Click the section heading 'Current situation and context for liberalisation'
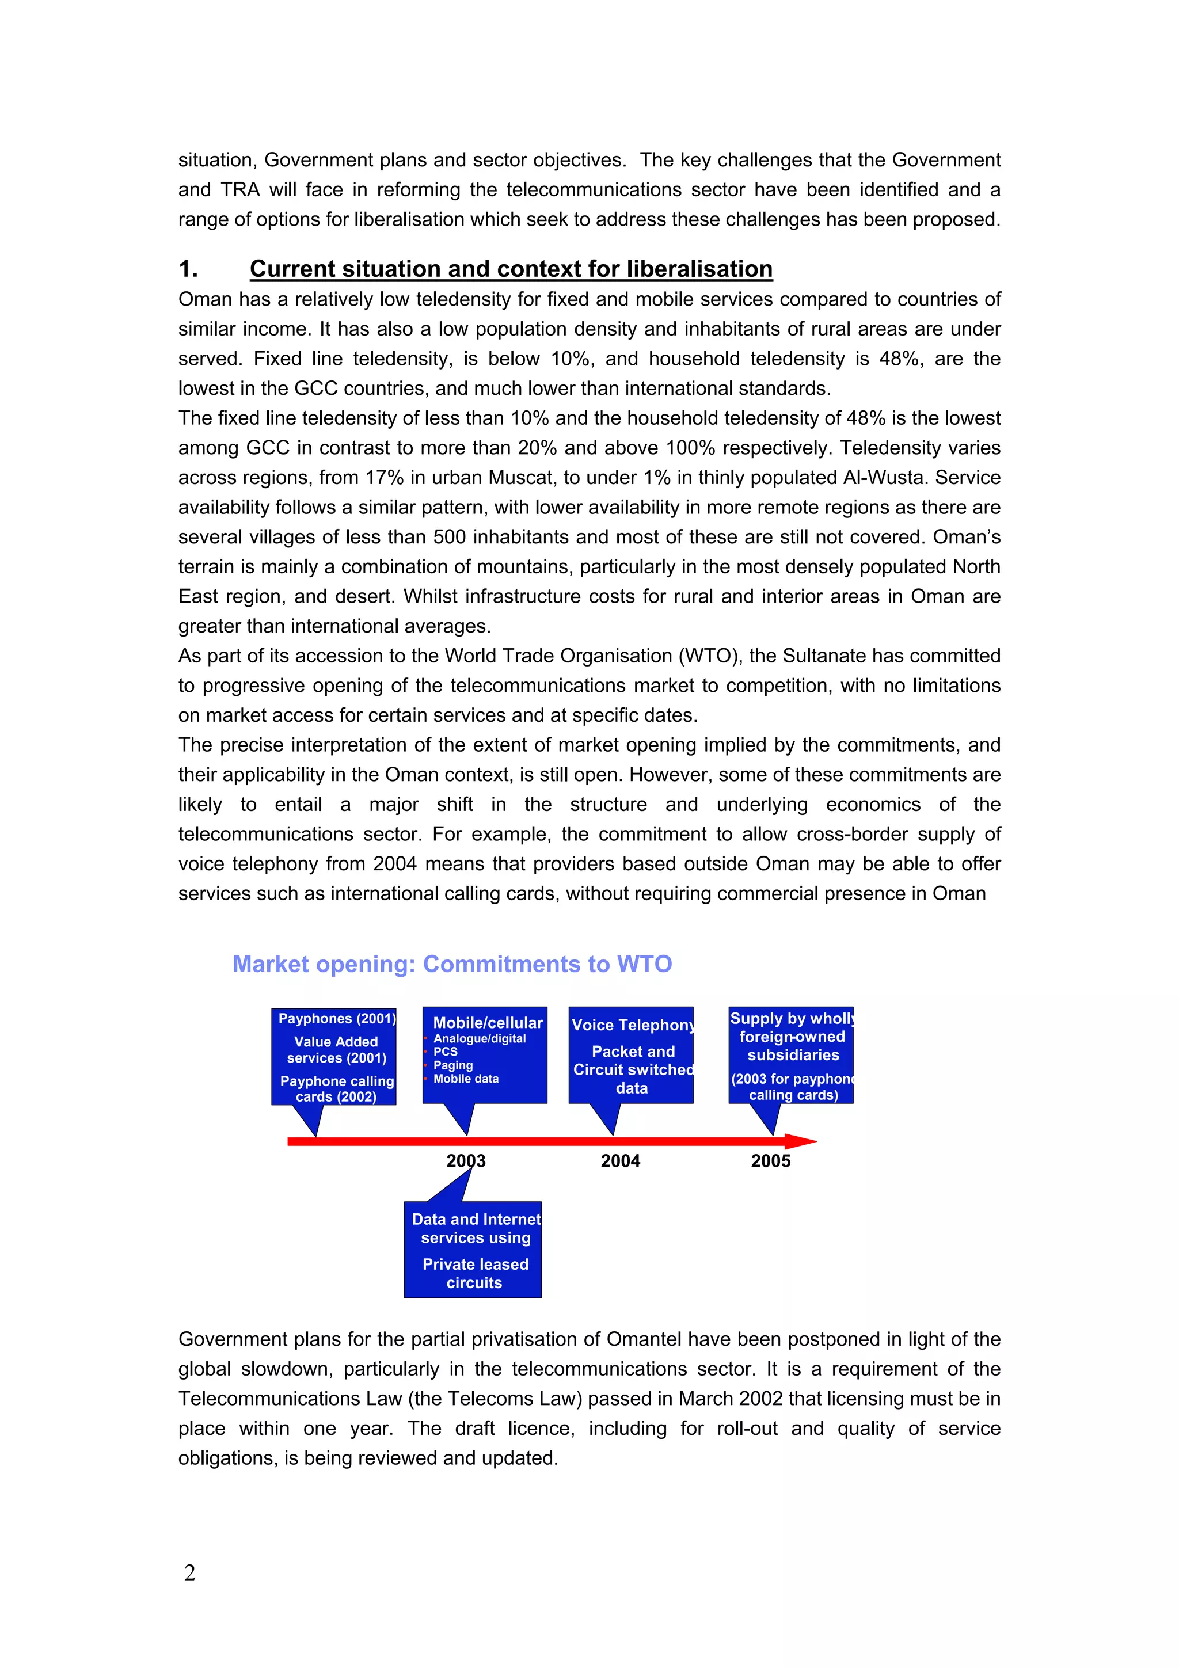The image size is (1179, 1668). pyautogui.click(x=511, y=269)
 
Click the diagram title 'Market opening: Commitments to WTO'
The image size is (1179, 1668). pyautogui.click(x=452, y=964)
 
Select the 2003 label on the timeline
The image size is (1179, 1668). pyautogui.click(x=466, y=1160)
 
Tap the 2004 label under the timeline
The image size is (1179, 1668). pyautogui.click(x=621, y=1160)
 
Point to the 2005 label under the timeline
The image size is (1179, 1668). pyautogui.click(x=770, y=1160)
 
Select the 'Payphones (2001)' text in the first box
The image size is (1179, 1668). pyautogui.click(x=336, y=1019)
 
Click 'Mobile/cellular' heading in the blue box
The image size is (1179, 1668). pyautogui.click(x=488, y=1023)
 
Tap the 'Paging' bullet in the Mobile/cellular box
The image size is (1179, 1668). pyautogui.click(x=452, y=1065)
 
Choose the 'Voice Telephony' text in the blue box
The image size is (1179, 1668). pyautogui.click(x=632, y=1025)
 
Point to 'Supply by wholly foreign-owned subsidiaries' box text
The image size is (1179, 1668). pyautogui.click(x=792, y=1037)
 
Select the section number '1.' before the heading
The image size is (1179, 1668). pyautogui.click(x=188, y=269)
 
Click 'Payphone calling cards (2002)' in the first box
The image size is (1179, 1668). pyautogui.click(x=336, y=1088)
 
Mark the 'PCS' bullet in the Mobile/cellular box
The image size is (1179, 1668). pyautogui.click(x=446, y=1051)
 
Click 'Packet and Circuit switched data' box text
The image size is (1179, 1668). pyautogui.click(x=632, y=1069)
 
